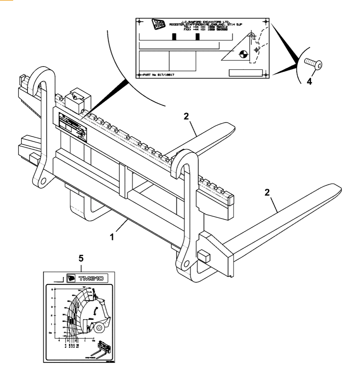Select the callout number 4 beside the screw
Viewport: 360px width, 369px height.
[x=309, y=81]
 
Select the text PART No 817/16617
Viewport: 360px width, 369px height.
[x=160, y=75]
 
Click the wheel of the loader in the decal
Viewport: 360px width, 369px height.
[x=100, y=327]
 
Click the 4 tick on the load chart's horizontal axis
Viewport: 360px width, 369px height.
[x=59, y=340]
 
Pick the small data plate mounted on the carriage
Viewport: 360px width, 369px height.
[x=72, y=126]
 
